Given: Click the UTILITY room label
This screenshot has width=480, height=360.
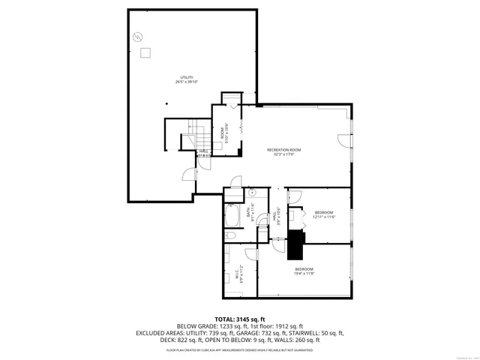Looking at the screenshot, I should pyautogui.click(x=187, y=78).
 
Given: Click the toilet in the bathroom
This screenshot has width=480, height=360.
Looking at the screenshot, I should pyautogui.click(x=231, y=235).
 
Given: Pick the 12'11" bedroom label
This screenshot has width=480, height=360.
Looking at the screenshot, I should pyautogui.click(x=324, y=212).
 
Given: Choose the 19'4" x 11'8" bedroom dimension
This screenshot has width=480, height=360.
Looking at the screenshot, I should pyautogui.click(x=304, y=274).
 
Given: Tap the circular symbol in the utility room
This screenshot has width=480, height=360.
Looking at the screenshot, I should pyautogui.click(x=136, y=36).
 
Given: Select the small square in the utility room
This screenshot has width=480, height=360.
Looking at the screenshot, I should pyautogui.click(x=146, y=52).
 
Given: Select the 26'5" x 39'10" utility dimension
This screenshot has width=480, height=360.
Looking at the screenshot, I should pyautogui.click(x=187, y=83).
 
